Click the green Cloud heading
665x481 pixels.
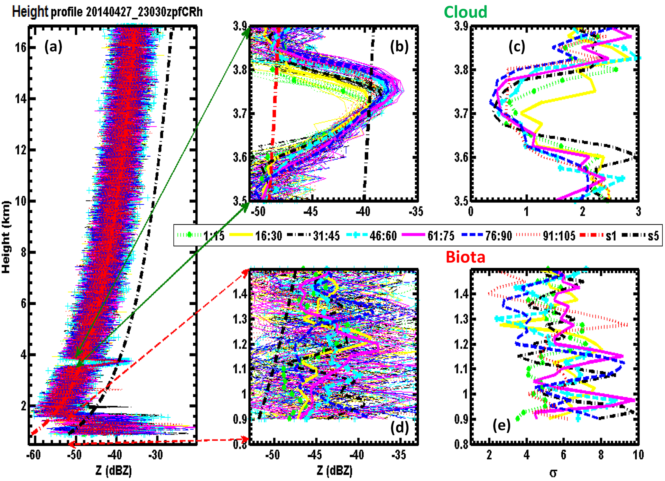tap(465, 12)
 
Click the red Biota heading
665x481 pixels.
tap(465, 257)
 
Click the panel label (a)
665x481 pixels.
tap(53, 47)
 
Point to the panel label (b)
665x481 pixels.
tap(399, 47)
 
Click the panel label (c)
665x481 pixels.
tap(517, 47)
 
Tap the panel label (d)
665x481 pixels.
tap(399, 428)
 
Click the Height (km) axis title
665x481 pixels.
tap(6, 237)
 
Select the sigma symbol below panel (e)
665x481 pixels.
tap(553, 473)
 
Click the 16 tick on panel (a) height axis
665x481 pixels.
tap(21, 48)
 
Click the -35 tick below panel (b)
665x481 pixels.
tap(416, 211)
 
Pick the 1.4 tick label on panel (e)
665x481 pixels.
tap(461, 294)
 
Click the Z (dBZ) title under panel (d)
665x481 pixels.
tap(335, 471)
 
